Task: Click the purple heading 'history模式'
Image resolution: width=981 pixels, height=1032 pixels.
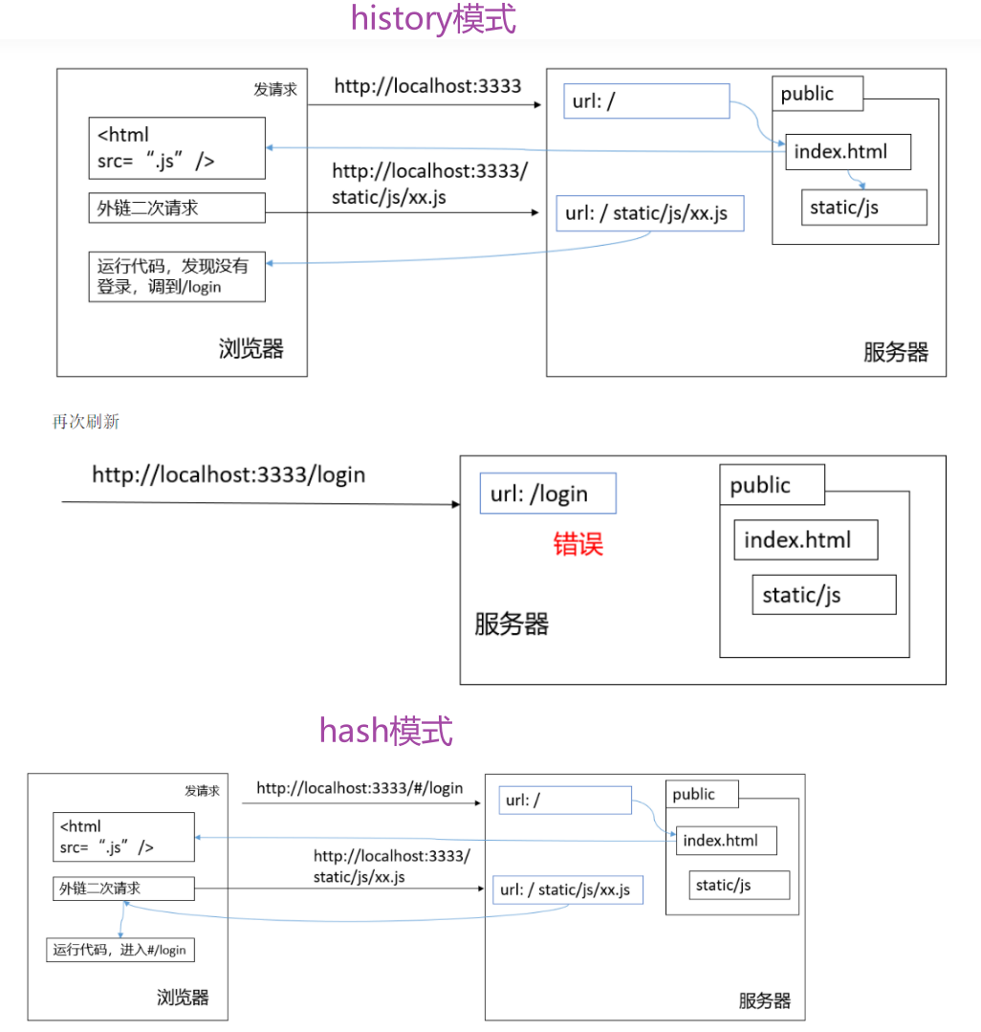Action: click(433, 19)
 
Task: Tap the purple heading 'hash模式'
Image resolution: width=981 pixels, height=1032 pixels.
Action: click(385, 731)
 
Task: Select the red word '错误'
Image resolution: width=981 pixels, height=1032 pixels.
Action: click(578, 544)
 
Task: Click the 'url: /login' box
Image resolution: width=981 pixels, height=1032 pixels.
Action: click(548, 494)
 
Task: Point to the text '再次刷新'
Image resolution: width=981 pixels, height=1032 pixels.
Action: click(86, 422)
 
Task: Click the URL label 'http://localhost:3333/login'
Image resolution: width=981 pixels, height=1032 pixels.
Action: click(229, 474)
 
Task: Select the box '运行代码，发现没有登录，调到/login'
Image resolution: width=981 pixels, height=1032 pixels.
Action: click(177, 276)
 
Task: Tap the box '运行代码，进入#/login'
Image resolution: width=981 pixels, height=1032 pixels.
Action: click(120, 950)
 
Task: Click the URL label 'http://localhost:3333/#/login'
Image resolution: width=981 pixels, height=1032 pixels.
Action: click(360, 788)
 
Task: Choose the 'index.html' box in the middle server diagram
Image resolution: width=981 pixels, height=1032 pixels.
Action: click(805, 540)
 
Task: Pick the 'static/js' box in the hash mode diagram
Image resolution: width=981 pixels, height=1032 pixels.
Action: click(739, 885)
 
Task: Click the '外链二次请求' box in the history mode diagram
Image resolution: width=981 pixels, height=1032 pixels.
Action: click(177, 208)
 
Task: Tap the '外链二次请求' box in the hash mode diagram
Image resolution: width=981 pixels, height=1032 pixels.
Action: click(123, 889)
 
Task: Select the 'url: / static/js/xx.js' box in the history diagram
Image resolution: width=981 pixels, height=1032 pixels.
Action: click(649, 213)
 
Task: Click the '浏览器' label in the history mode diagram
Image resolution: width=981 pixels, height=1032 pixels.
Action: click(251, 349)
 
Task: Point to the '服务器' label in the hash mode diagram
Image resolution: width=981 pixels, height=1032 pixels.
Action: click(765, 1000)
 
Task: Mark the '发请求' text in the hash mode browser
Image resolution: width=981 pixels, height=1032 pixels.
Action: click(202, 791)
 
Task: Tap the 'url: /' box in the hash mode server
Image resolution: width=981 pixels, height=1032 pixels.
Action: click(565, 800)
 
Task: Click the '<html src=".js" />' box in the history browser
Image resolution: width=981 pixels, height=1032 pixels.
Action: click(177, 148)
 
